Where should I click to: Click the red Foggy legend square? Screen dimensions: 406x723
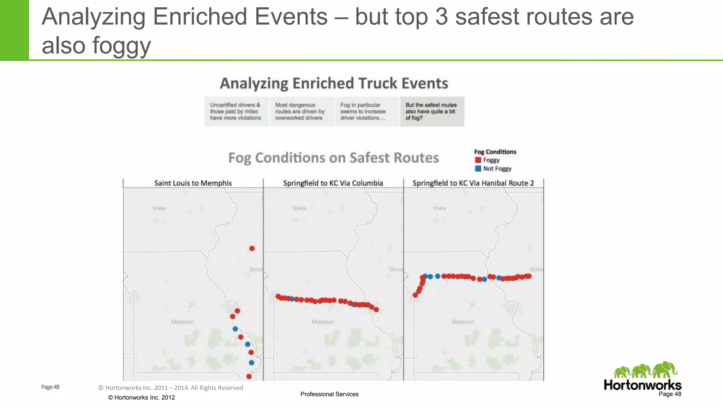click(x=478, y=160)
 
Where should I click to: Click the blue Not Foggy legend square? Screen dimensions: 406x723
click(x=478, y=168)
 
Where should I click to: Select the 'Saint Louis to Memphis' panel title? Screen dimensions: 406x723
click(x=193, y=183)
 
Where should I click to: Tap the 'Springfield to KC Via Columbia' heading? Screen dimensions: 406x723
click(x=333, y=183)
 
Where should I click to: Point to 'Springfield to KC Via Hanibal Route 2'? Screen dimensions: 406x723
click(x=473, y=183)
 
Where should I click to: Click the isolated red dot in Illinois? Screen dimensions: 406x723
click(x=252, y=248)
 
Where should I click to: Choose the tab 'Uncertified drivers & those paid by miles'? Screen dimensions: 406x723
click(x=236, y=111)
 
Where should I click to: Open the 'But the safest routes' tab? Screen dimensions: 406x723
click(x=431, y=111)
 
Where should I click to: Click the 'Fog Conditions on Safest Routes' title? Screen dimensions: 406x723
click(x=334, y=158)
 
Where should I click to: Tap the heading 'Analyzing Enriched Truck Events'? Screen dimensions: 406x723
click(x=334, y=84)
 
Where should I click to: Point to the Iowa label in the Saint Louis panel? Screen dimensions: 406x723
click(x=159, y=208)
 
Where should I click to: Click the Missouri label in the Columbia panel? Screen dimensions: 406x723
click(x=322, y=322)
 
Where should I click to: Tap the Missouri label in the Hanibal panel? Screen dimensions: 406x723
click(x=463, y=322)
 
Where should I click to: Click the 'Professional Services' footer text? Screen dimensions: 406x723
click(x=329, y=394)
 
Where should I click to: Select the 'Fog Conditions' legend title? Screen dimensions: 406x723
click(x=495, y=152)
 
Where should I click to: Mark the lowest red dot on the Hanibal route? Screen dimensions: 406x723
click(x=415, y=295)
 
